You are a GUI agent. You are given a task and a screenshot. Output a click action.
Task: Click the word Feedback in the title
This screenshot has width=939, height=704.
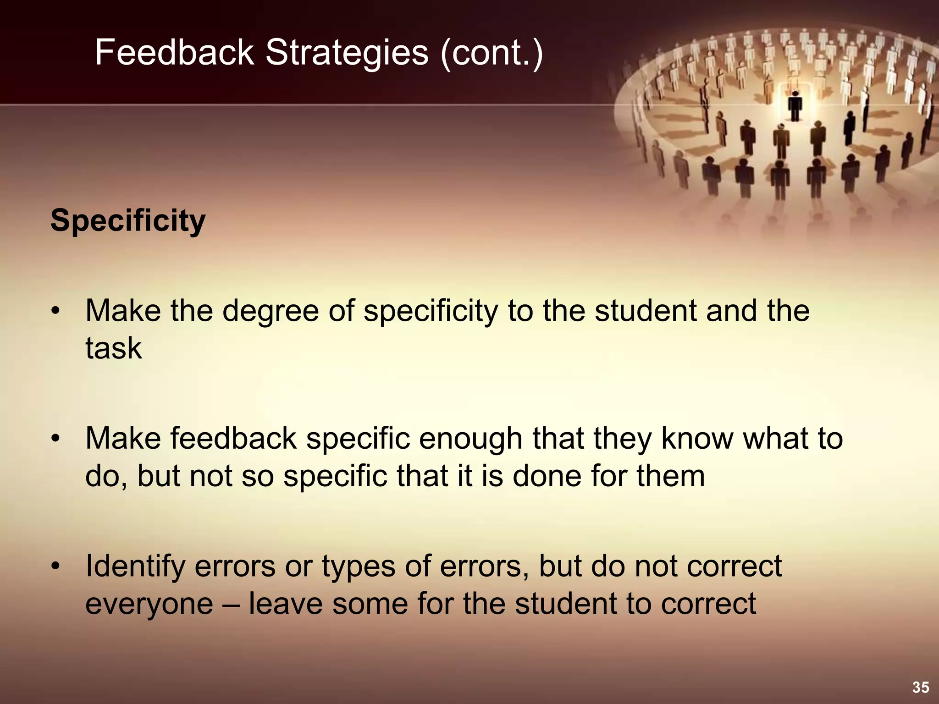click(x=174, y=52)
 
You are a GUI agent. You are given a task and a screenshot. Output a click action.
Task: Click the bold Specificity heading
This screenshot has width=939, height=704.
click(x=128, y=221)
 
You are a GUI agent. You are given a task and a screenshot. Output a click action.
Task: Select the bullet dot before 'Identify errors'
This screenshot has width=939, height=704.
click(x=55, y=567)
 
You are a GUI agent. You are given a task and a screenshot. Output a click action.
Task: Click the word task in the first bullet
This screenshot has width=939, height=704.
click(x=113, y=348)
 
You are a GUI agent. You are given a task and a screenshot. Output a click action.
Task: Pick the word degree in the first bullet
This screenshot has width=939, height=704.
click(x=271, y=311)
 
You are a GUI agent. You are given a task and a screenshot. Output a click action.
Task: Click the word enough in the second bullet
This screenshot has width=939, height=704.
click(x=470, y=439)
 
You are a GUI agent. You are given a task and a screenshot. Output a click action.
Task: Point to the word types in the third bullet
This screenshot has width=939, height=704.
click(x=358, y=567)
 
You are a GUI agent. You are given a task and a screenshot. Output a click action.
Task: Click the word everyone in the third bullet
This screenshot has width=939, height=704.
click(x=149, y=604)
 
